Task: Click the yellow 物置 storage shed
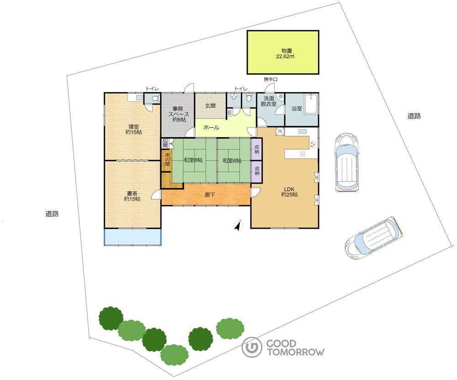[283, 52]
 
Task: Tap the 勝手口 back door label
[271, 79]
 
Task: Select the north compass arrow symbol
[239, 225]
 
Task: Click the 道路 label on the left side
[52, 214]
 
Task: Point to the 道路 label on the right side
[414, 116]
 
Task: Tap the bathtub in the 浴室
[311, 104]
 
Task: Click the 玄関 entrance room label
[210, 106]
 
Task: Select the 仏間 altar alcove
[165, 143]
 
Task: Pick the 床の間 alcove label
[167, 159]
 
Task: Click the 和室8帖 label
[193, 160]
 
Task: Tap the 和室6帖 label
[232, 160]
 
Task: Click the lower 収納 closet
[257, 172]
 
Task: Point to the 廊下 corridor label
[210, 194]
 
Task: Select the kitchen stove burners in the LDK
[313, 144]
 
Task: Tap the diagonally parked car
[374, 237]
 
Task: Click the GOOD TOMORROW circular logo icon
[251, 347]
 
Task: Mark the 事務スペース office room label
[179, 114]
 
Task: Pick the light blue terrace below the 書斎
[133, 236]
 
